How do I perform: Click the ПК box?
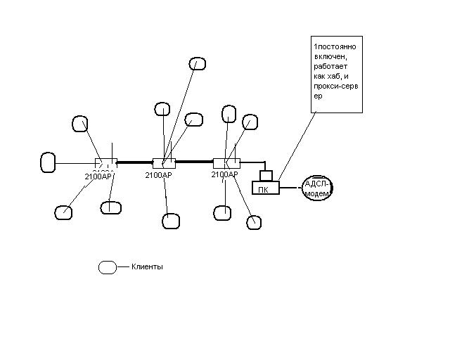[x=265, y=188]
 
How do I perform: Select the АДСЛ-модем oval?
[x=316, y=188]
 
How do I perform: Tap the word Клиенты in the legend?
[x=147, y=267]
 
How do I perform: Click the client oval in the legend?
[x=108, y=267]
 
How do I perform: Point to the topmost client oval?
[x=199, y=63]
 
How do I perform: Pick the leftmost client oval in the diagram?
[x=49, y=162]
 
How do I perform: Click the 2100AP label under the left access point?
[x=98, y=176]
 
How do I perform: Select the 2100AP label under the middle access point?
[x=158, y=175]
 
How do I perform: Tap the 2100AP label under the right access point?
[x=225, y=174]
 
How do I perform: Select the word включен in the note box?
[x=330, y=56]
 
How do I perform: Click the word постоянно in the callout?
[x=337, y=46]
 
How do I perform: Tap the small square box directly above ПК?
[x=266, y=174]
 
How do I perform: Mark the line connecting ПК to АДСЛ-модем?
[x=290, y=188]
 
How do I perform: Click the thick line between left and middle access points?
[x=134, y=162]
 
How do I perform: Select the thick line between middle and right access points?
[x=195, y=162]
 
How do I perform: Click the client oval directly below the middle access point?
[x=171, y=221]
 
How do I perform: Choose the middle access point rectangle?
[x=164, y=163]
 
